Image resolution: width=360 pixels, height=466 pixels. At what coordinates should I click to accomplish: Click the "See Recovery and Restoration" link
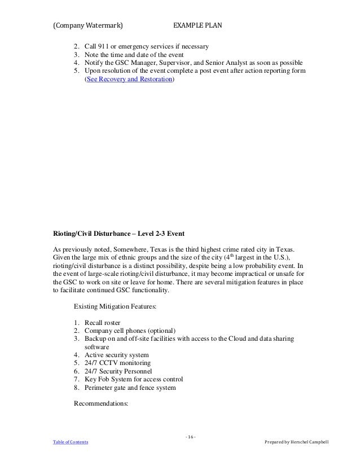pos(129,81)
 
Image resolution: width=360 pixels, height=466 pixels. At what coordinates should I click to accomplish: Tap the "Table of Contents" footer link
pos(70,442)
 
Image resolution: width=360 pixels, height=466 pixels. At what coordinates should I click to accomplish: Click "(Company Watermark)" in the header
pos(89,25)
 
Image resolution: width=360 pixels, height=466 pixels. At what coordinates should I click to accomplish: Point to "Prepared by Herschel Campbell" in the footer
pos(300,442)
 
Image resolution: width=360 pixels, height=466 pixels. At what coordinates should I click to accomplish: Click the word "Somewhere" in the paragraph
pos(128,249)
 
